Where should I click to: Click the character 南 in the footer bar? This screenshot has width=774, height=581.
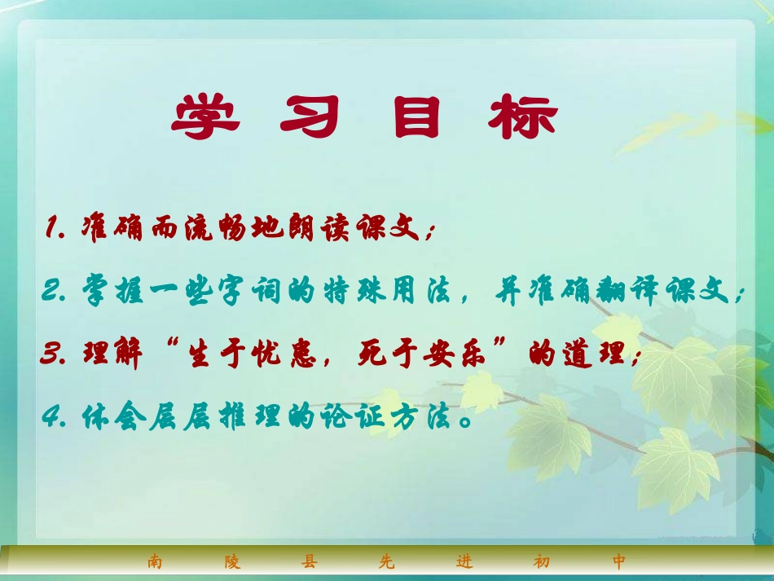[x=155, y=561]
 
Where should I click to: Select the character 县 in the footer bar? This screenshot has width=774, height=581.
[x=309, y=561]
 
